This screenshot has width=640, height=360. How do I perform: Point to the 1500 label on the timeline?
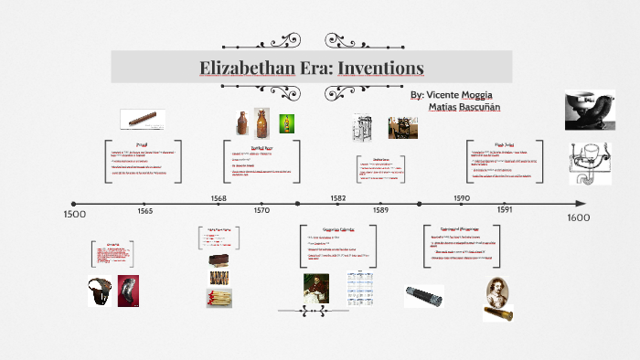[74, 214]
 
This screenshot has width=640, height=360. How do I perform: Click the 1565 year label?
[145, 211]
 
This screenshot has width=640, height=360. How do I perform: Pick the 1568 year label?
[219, 198]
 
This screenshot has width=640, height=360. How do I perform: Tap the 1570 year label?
[261, 211]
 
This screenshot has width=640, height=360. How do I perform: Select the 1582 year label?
[337, 198]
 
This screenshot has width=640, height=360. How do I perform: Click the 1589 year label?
[380, 211]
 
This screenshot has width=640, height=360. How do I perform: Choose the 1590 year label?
[461, 198]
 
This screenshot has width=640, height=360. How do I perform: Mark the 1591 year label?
[505, 211]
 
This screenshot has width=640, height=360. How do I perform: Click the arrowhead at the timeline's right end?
[581, 204]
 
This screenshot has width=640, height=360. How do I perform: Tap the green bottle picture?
[286, 122]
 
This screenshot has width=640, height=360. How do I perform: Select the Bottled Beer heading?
[263, 145]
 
